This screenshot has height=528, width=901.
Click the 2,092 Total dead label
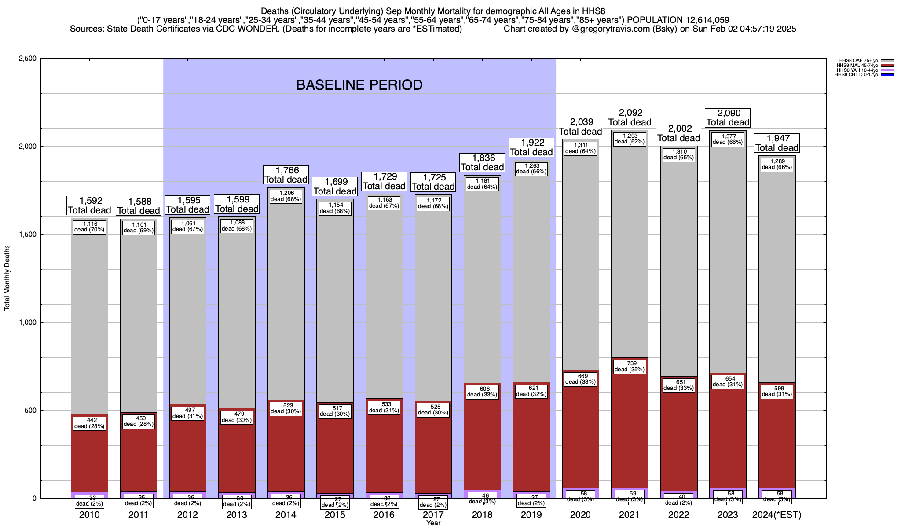pos(630,117)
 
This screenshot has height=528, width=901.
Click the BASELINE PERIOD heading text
pos(359,85)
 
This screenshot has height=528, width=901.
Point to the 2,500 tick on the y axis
pos(27,59)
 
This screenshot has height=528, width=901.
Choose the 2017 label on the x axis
pos(433,515)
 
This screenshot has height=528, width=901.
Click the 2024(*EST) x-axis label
pos(777,515)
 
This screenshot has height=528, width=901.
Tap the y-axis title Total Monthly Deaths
pos(7,278)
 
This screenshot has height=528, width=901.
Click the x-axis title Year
pos(433,523)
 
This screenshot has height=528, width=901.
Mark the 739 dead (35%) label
pos(630,367)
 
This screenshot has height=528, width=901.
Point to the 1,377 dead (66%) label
pos(728,139)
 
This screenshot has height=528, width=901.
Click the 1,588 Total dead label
pos(138,206)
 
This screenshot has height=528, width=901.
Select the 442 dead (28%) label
pos(89,423)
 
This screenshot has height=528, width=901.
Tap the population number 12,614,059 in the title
pos(701,20)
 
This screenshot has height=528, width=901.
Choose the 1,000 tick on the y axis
pos(27,323)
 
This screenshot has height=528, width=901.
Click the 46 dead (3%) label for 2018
pos(482,499)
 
